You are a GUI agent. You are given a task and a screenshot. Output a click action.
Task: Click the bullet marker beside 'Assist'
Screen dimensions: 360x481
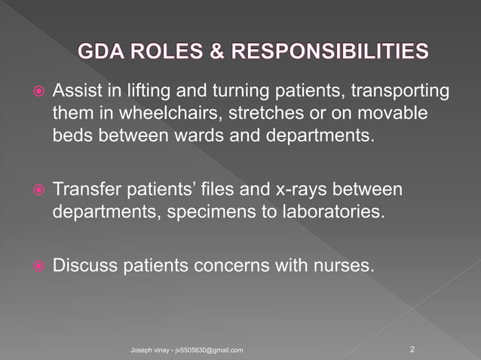(41, 92)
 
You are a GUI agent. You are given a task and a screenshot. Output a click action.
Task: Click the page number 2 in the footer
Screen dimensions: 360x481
(412, 349)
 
